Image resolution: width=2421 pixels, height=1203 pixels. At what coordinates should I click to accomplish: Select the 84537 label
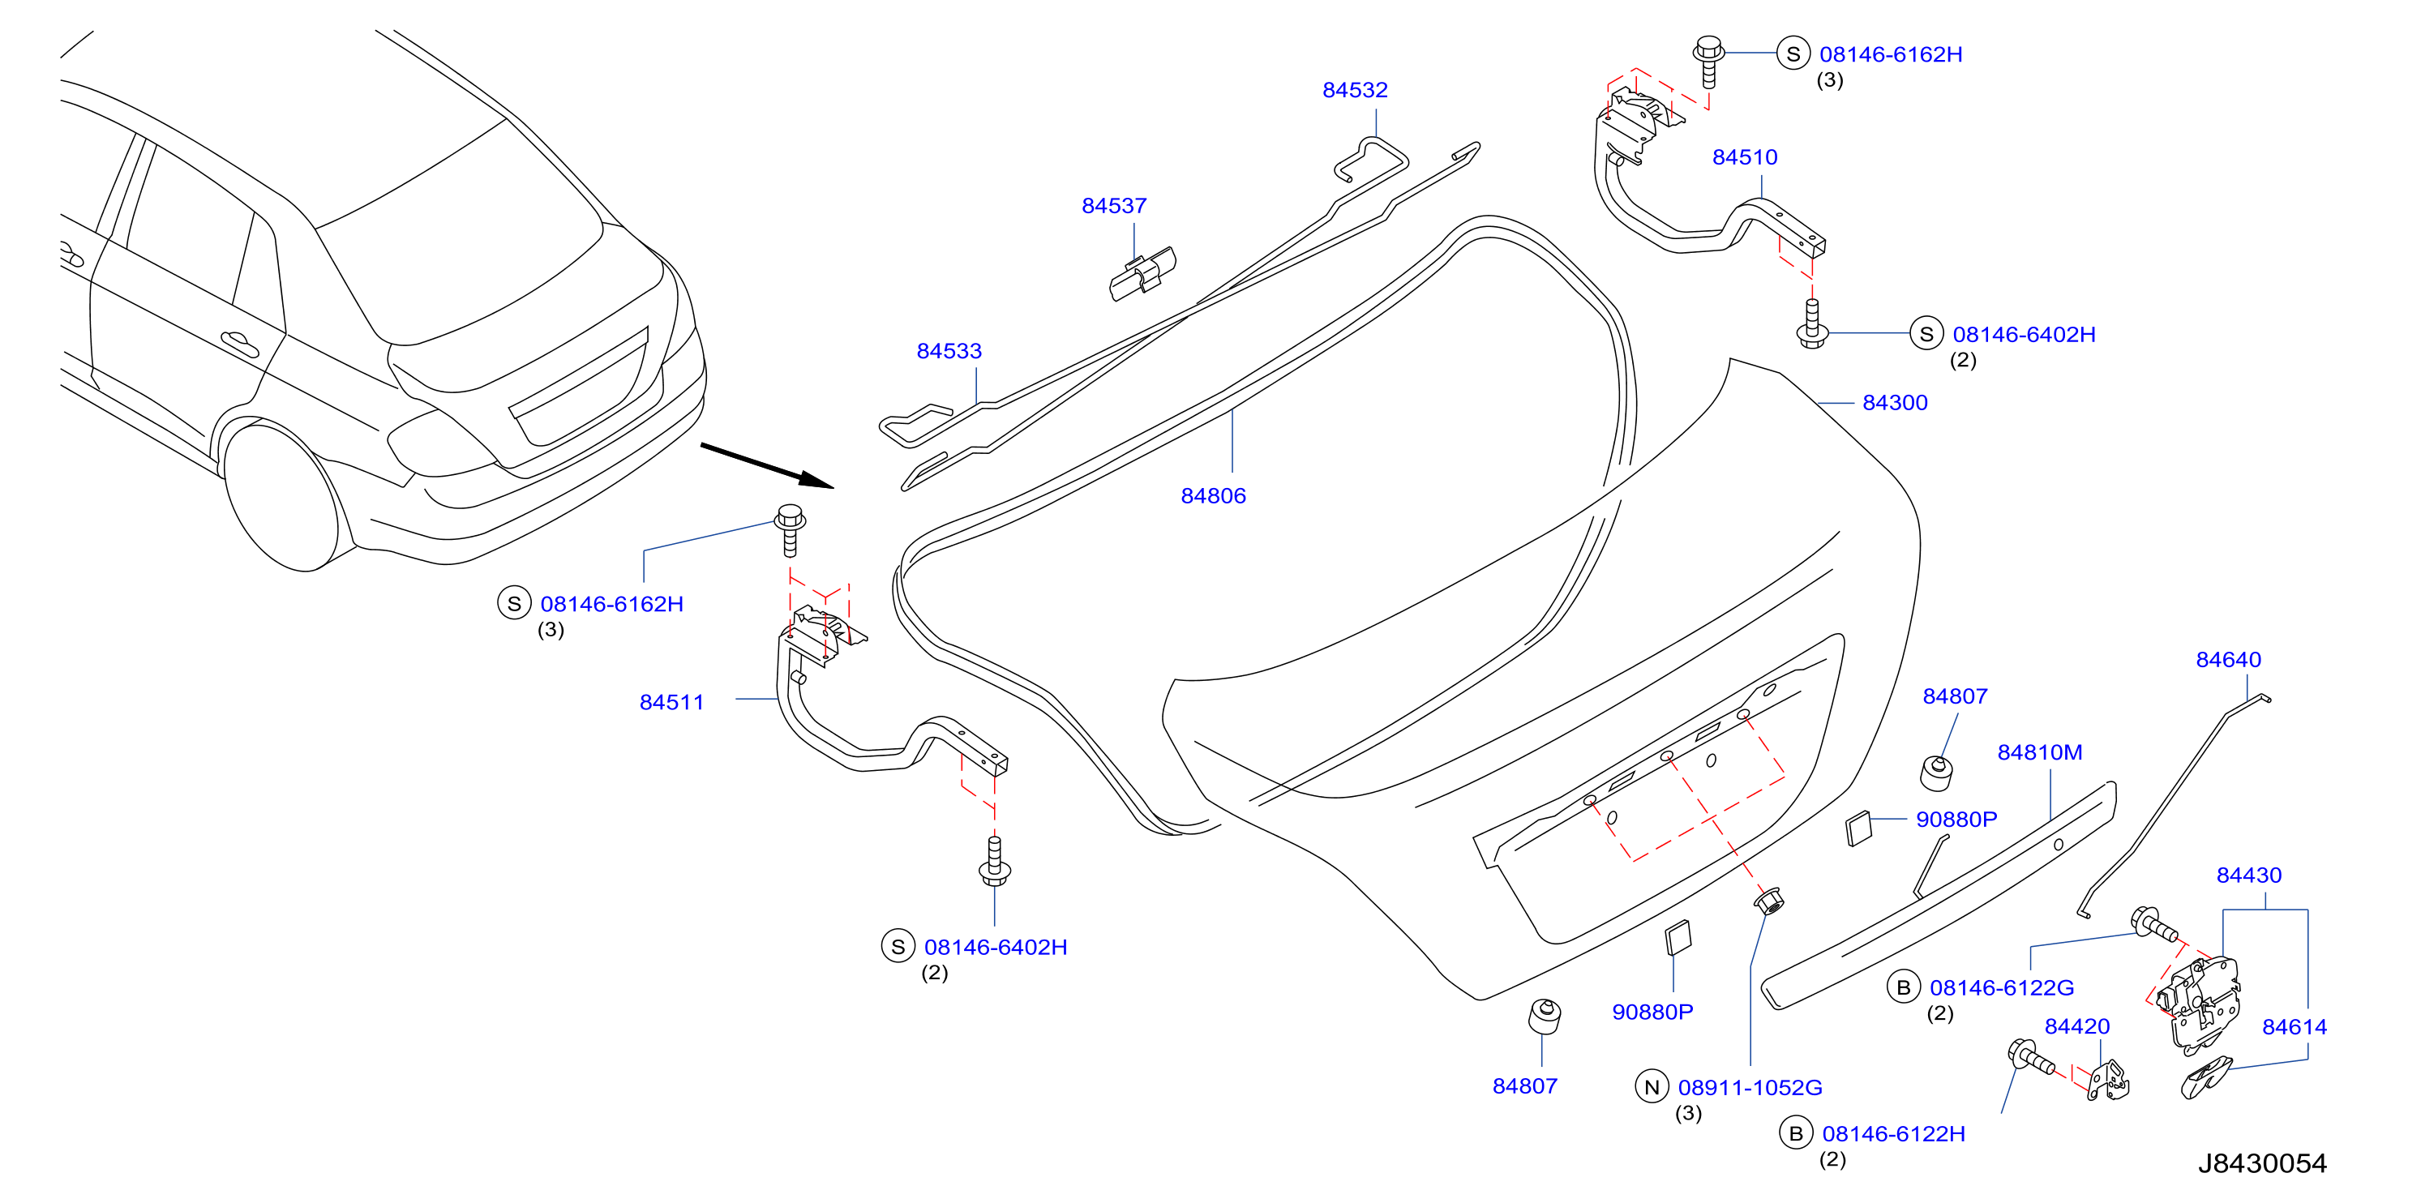1114,206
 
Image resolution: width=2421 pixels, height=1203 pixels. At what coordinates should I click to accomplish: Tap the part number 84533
949,352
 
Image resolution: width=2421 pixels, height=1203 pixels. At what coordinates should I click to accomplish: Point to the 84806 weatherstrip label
1213,496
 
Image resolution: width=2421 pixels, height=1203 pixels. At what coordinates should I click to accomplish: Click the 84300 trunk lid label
1895,403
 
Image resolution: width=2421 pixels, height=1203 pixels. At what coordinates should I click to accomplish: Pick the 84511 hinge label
671,703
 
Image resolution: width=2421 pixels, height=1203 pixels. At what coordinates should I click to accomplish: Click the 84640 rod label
2228,661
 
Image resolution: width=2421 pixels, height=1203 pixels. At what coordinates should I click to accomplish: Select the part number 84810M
2039,753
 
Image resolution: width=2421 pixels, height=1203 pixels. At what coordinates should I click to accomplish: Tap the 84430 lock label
2249,876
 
